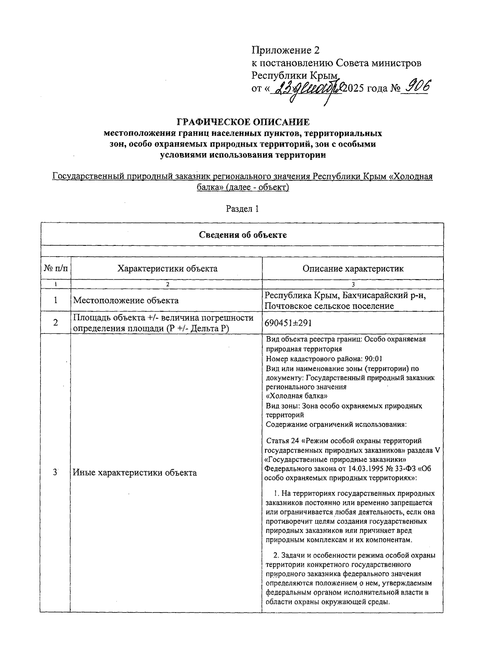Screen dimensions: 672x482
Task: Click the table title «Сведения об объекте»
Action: point(243,235)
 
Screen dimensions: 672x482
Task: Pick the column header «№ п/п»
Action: point(55,268)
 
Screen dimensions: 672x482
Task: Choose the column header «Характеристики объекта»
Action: point(167,268)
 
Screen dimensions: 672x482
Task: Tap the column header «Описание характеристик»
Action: point(353,269)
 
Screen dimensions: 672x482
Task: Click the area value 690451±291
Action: point(288,323)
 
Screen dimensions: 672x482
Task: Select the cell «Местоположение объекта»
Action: point(125,300)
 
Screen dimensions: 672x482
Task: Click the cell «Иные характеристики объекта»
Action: point(135,473)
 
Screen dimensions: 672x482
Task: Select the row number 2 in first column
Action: point(55,323)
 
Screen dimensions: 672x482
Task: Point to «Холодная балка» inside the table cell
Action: point(294,396)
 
